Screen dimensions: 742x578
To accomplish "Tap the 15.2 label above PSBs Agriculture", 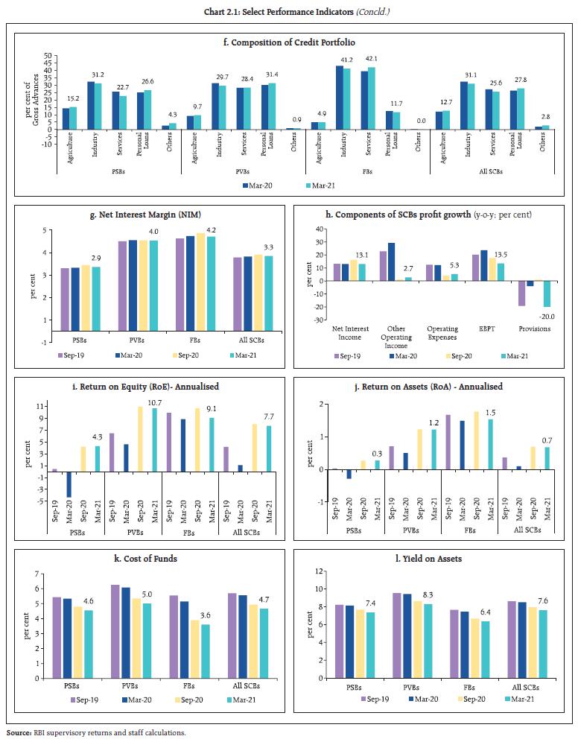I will point(73,100).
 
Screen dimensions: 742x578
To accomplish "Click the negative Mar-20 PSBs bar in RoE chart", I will point(69,484).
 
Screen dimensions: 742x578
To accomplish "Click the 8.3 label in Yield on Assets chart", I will point(431,596).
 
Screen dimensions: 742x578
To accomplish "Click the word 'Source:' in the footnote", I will point(19,733).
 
